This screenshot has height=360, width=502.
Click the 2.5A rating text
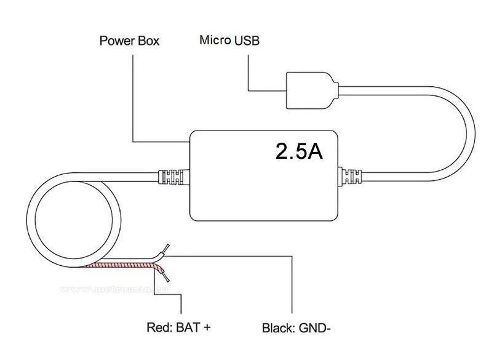pos(299,151)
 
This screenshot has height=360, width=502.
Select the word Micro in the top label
pos(215,41)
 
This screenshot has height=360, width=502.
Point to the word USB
pos(247,41)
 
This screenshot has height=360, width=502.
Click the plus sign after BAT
pos(207,327)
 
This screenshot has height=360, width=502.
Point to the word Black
pos(279,327)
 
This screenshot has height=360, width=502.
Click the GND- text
pos(315,327)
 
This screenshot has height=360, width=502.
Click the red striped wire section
pos(123,265)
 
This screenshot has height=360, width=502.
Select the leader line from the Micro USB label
pos(248,74)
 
